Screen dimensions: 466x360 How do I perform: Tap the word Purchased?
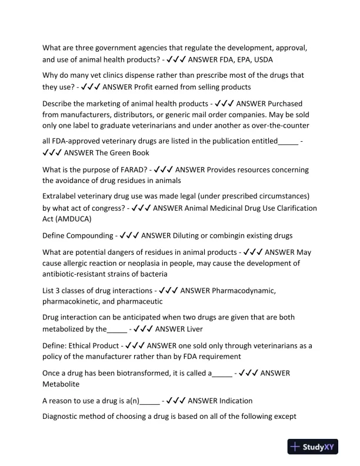pyautogui.click(x=281, y=104)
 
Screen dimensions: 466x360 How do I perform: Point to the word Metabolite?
pyautogui.click(x=62, y=384)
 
